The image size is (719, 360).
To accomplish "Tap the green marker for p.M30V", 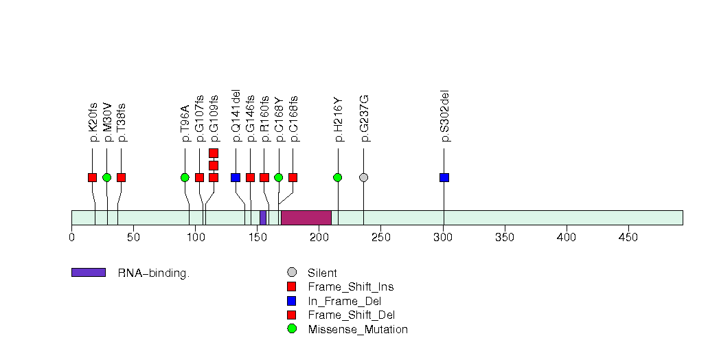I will pyautogui.click(x=106, y=177).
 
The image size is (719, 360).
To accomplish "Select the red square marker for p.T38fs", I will pyautogui.click(x=121, y=177).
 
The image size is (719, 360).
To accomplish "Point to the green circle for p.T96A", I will pyautogui.click(x=185, y=177).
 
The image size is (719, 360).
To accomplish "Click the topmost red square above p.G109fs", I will pyautogui.click(x=214, y=153).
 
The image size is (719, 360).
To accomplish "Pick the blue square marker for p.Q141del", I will pyautogui.click(x=236, y=177).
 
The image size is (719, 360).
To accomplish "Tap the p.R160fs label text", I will pyautogui.click(x=264, y=120).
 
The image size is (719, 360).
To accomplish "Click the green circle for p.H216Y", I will pyautogui.click(x=337, y=177).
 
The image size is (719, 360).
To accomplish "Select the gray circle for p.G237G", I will pyautogui.click(x=363, y=177).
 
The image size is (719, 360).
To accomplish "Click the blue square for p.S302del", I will pyautogui.click(x=444, y=177).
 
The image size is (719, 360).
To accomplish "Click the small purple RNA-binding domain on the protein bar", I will pyautogui.click(x=263, y=217).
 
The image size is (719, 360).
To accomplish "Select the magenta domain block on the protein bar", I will pyautogui.click(x=306, y=217).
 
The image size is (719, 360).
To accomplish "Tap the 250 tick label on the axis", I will pyautogui.click(x=381, y=238).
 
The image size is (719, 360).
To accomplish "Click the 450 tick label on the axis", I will pyautogui.click(x=628, y=238).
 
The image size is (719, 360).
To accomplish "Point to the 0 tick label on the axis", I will pyautogui.click(x=71, y=238).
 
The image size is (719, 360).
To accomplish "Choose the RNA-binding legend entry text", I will pyautogui.click(x=152, y=273).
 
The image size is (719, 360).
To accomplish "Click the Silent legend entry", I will pyautogui.click(x=322, y=273).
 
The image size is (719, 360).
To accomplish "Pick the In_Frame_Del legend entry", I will pyautogui.click(x=344, y=301).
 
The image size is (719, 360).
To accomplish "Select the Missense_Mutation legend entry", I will pyautogui.click(x=358, y=329).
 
